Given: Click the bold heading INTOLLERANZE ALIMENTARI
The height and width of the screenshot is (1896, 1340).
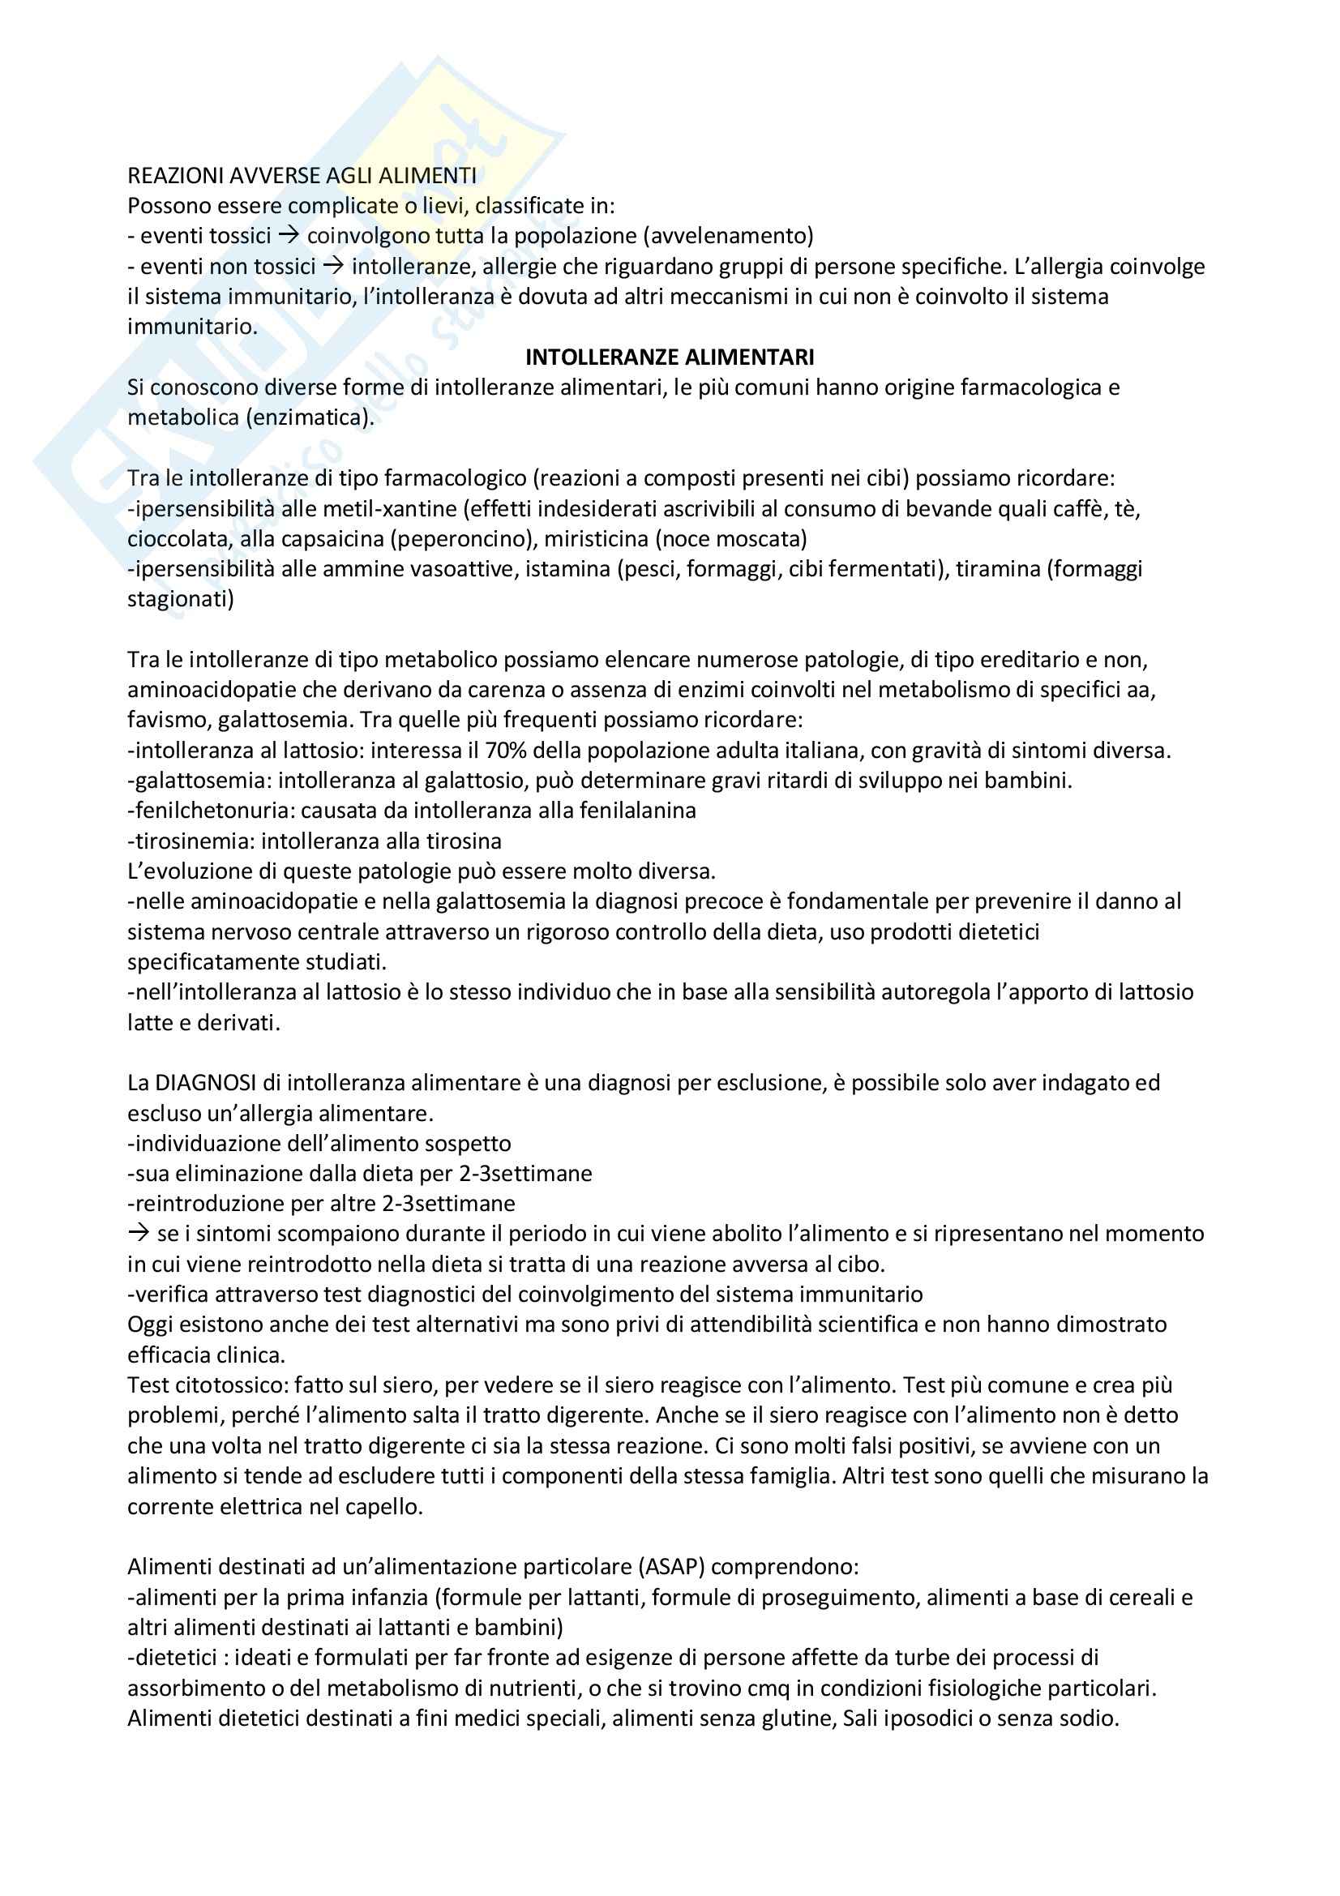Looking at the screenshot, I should (670, 357).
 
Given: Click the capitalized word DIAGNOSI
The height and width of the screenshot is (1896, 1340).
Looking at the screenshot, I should (197, 1083).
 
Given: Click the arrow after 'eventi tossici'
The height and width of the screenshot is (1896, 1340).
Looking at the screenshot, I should (287, 236).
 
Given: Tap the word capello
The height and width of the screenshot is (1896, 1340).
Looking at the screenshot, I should (383, 1506).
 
